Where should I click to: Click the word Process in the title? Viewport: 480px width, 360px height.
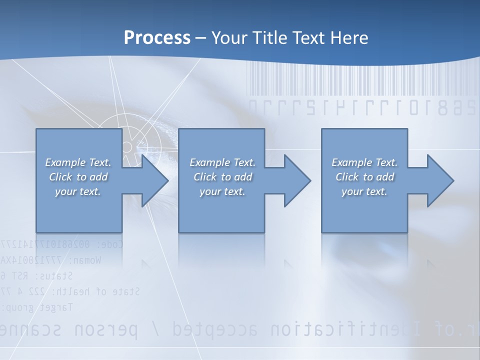pos(157,38)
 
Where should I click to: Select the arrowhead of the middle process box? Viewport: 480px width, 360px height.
pos(296,180)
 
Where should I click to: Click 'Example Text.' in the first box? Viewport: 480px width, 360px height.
pos(78,162)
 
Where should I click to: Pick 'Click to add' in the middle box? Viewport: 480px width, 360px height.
pos(222,177)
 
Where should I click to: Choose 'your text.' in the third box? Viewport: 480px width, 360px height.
pos(364,191)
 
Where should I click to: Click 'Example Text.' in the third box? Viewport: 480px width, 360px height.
pos(364,162)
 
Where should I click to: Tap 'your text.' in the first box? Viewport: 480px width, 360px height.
pos(78,191)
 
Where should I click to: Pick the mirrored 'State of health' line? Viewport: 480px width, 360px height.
pos(70,291)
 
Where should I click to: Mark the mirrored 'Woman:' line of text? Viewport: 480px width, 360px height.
pos(50,260)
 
